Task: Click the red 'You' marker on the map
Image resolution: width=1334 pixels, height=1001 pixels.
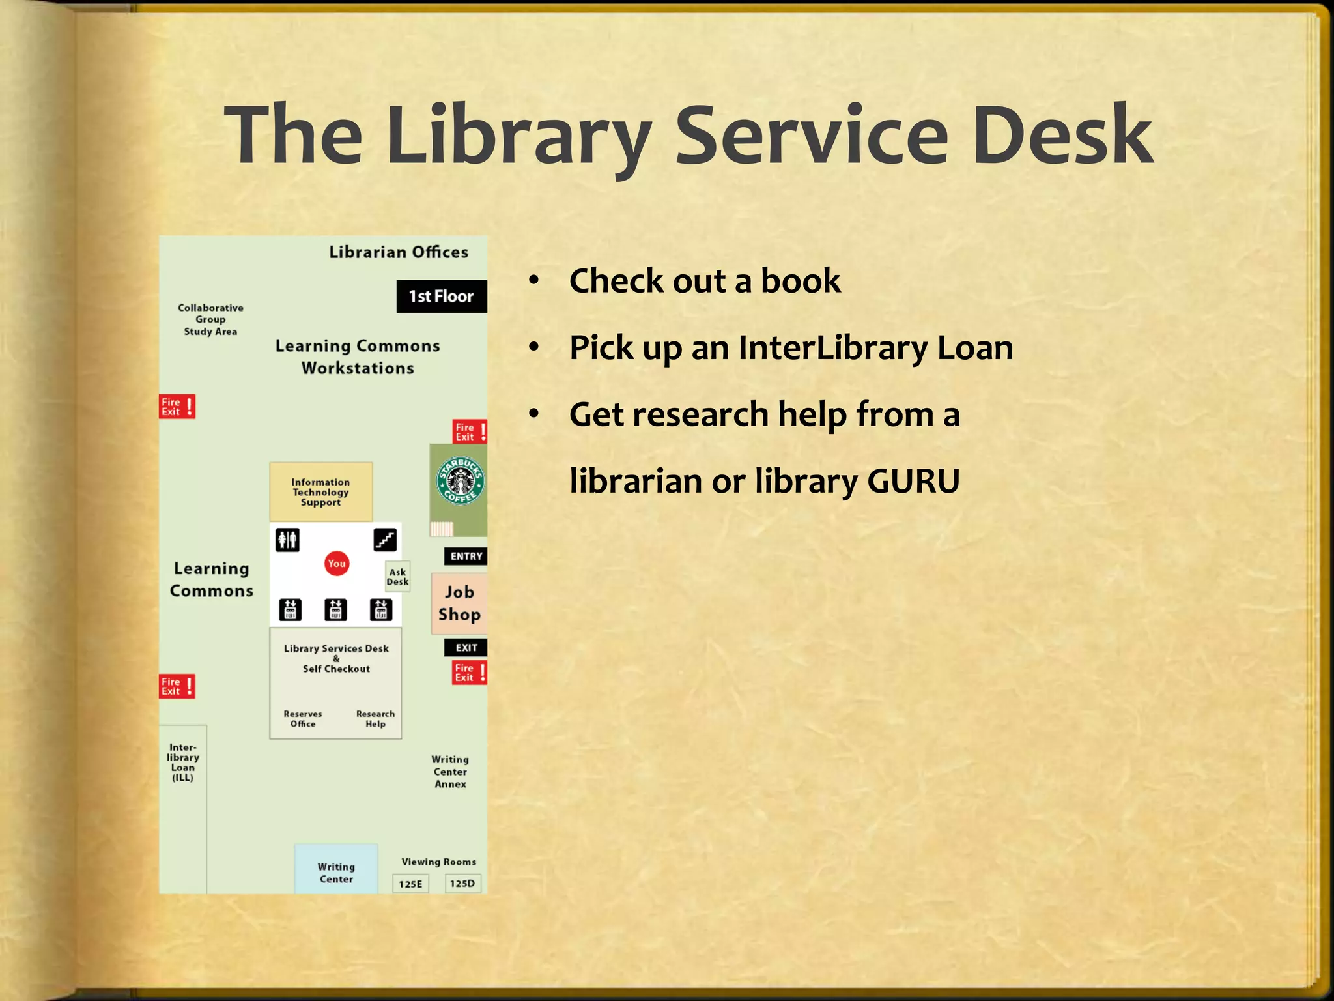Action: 337,564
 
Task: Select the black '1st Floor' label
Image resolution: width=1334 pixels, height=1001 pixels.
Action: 441,297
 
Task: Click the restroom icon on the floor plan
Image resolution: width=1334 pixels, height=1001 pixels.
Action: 287,540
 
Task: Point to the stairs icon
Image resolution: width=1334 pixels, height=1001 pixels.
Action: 385,540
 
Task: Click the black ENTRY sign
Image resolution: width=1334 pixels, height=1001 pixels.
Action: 466,556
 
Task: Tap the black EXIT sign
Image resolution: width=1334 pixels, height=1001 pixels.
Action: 466,647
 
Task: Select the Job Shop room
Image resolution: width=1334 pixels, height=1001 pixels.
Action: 459,603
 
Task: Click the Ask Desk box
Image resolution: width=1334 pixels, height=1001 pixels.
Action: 397,577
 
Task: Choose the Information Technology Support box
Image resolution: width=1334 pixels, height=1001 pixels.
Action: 321,492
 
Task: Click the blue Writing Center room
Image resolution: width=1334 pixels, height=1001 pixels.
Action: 336,870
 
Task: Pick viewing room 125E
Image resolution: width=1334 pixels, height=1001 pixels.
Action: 410,884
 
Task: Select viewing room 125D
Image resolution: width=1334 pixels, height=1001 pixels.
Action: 462,883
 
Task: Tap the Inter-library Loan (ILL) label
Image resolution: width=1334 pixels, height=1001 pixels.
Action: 183,762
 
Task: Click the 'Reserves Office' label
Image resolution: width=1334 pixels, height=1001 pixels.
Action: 303,719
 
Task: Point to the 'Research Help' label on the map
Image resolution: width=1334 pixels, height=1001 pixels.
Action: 375,719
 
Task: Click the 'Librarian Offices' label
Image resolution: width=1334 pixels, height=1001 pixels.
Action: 399,252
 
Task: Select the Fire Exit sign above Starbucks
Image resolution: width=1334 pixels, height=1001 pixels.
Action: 470,431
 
